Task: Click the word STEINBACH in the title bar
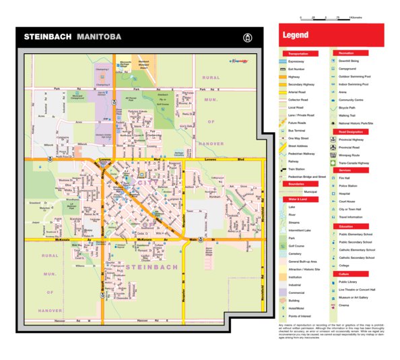pyautogui.click(x=48, y=38)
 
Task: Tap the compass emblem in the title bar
pyautogui.click(x=248, y=38)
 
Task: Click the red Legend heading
pyautogui.click(x=296, y=35)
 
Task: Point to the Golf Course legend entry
pyautogui.click(x=298, y=245)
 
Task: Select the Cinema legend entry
pyautogui.click(x=344, y=305)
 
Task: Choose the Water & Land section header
pyautogui.click(x=298, y=200)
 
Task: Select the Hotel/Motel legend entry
pyautogui.click(x=297, y=307)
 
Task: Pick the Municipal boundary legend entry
pyautogui.click(x=310, y=191)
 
